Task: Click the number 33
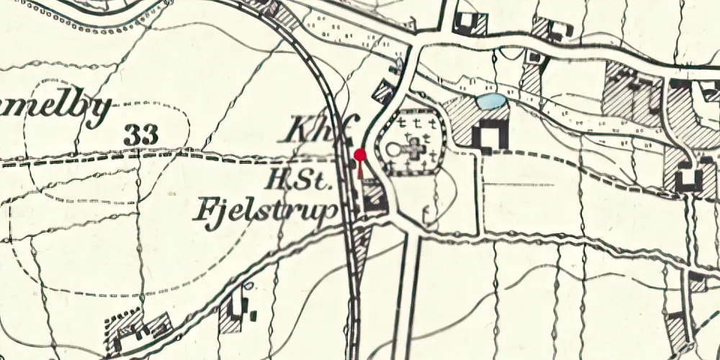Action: click(140, 133)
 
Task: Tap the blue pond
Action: click(492, 102)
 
